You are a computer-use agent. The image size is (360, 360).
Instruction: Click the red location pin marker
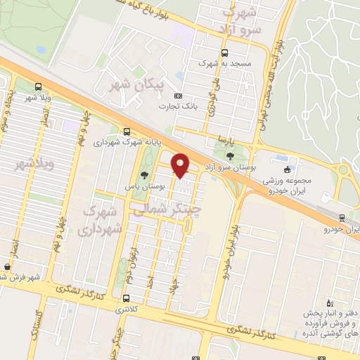point(181,165)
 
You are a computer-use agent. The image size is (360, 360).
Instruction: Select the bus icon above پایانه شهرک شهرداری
point(127,131)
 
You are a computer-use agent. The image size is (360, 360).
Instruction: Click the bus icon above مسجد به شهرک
point(224,53)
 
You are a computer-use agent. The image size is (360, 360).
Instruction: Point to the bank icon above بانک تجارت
point(178,96)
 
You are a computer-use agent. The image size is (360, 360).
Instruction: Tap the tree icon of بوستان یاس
point(144,176)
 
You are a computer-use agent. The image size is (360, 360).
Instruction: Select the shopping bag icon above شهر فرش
point(7,266)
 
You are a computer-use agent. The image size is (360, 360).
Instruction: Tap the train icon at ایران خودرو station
point(342,218)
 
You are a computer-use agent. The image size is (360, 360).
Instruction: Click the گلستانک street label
point(35,330)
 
